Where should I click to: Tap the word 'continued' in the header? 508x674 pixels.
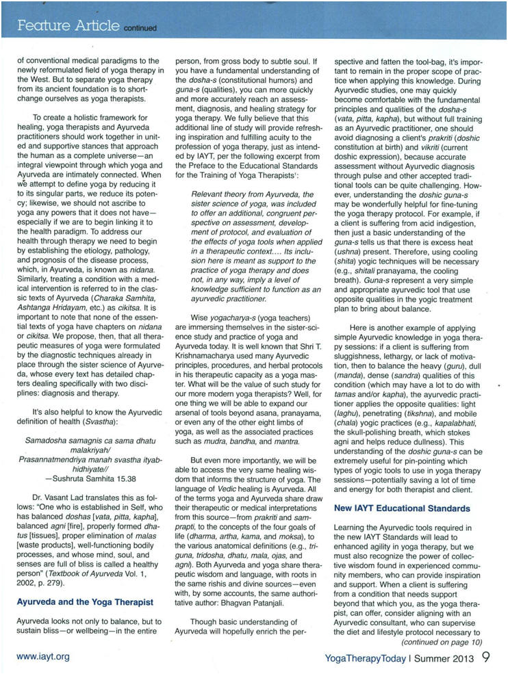[x=140, y=29]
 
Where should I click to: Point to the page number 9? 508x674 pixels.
[x=485, y=654]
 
